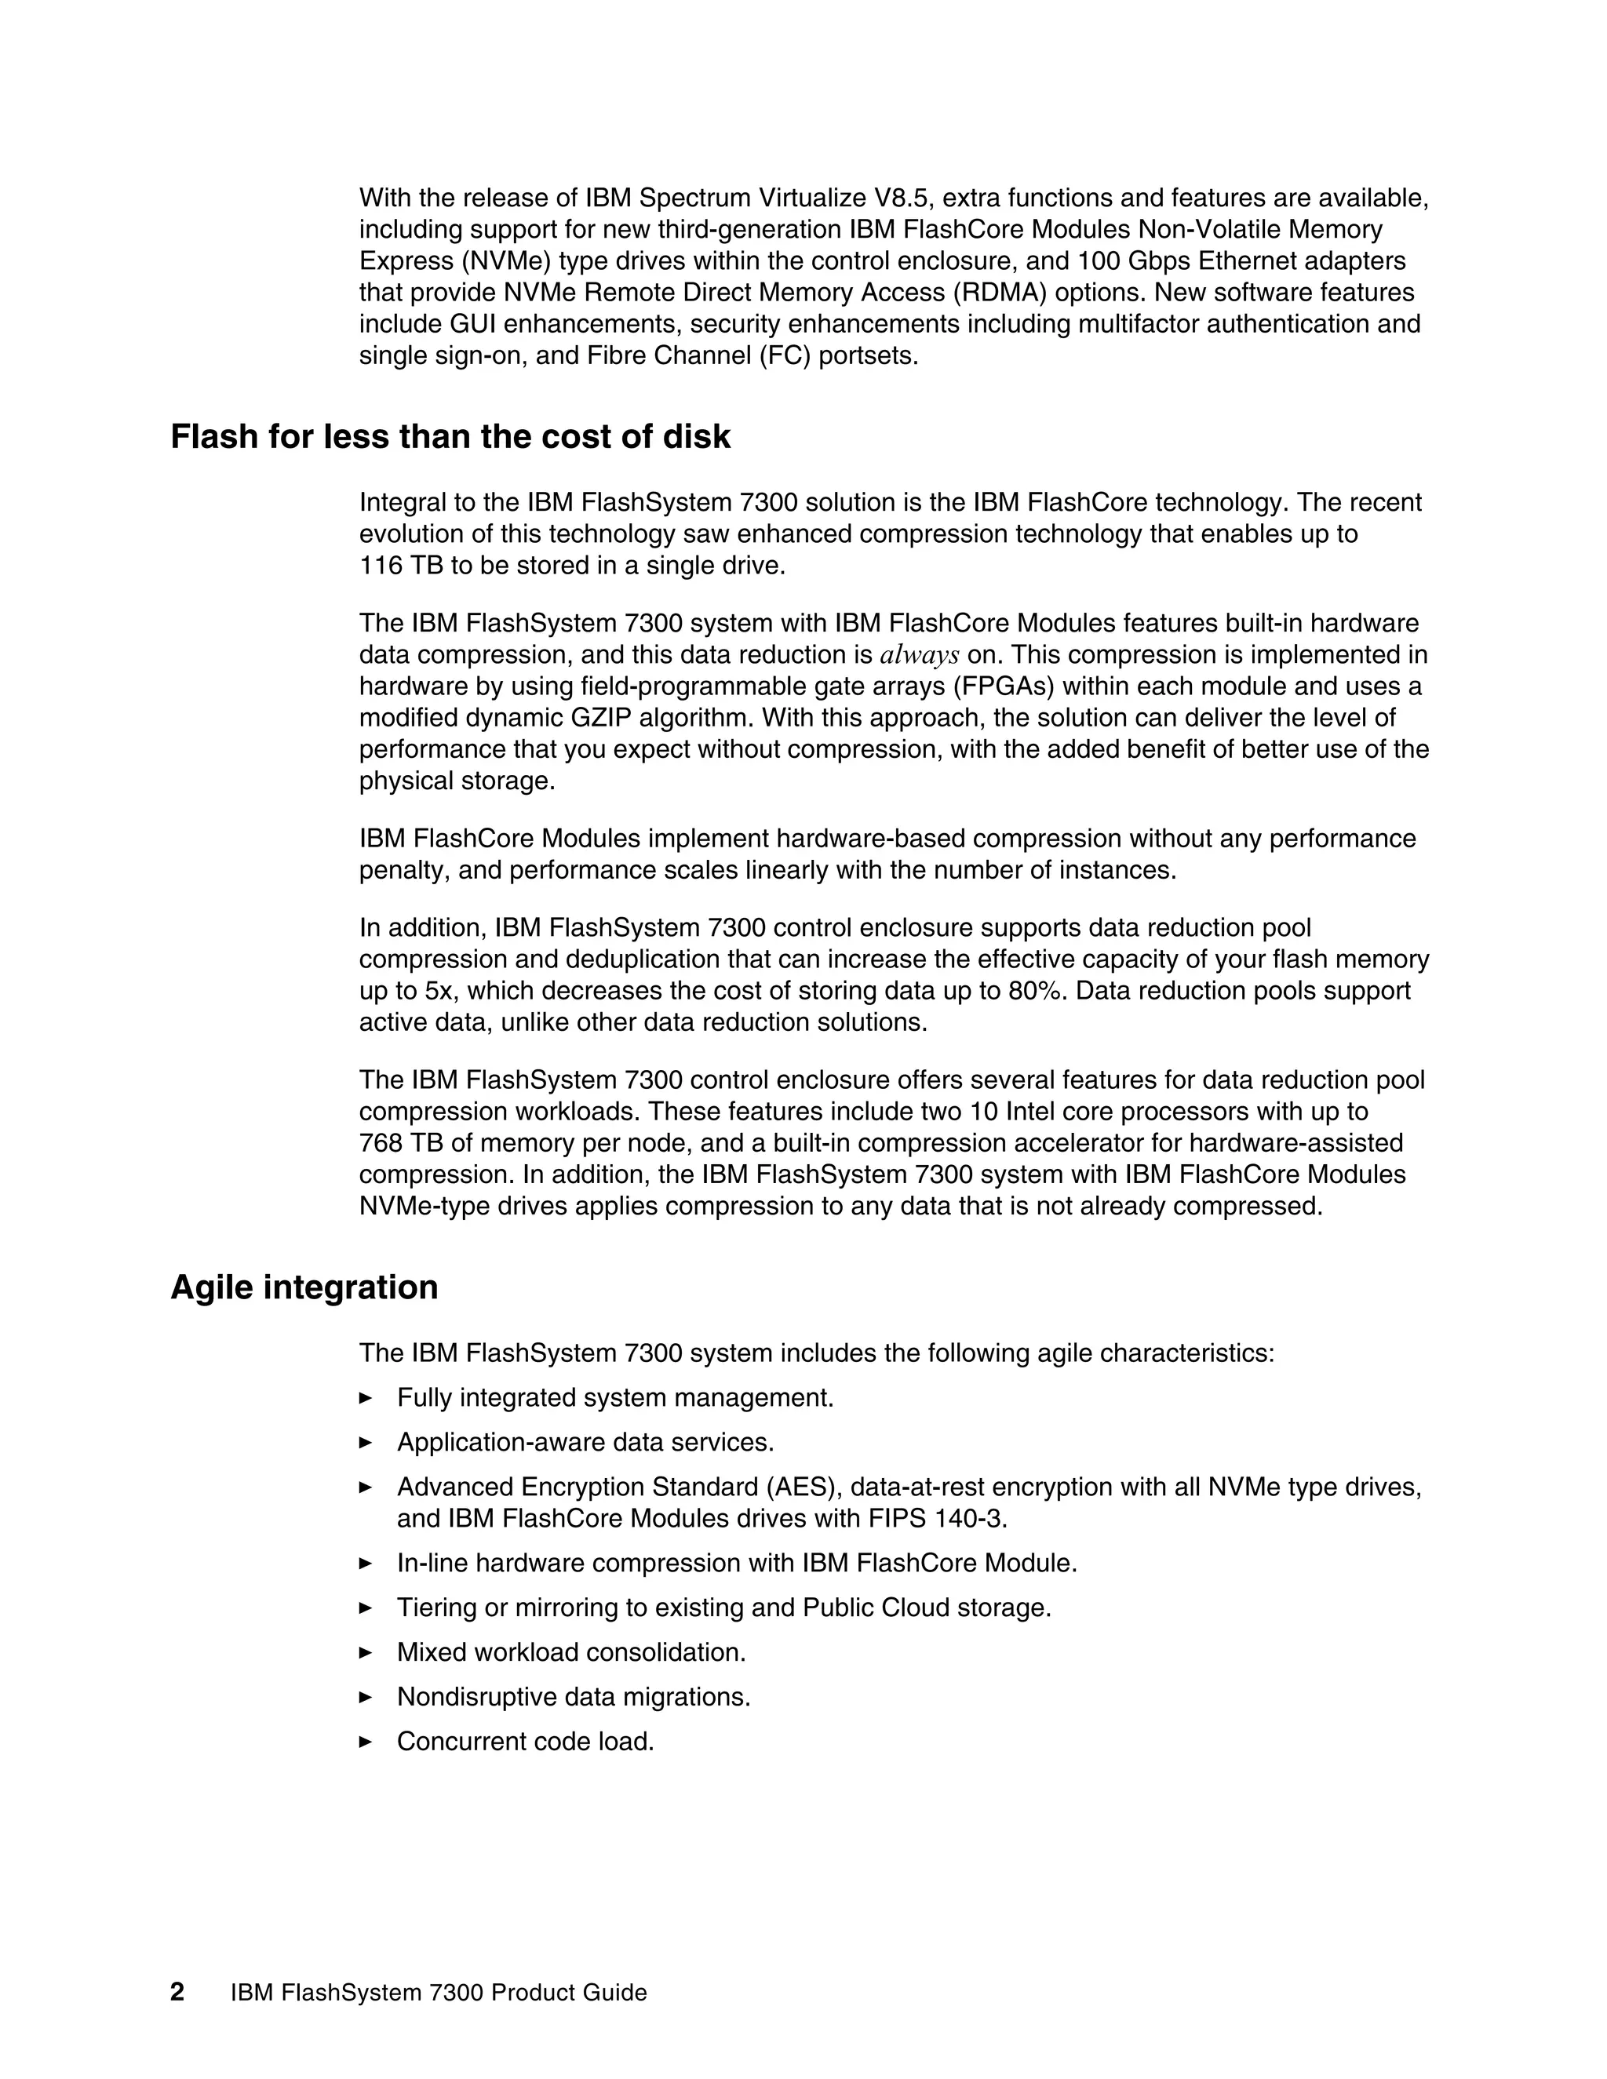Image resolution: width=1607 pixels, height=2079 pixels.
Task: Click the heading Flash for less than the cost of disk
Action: click(450, 437)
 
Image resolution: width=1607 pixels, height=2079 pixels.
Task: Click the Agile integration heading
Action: click(304, 1287)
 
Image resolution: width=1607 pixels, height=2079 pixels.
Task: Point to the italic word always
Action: click(920, 655)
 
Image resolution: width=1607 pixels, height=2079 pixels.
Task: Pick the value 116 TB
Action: click(394, 566)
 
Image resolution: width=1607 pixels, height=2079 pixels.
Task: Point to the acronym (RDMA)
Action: click(988, 293)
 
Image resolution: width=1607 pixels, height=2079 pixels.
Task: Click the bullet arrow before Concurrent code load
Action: click(366, 1742)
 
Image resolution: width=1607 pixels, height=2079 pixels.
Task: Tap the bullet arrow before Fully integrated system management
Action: click(366, 1398)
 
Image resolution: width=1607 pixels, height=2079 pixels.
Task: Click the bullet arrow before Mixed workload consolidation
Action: click(366, 1652)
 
